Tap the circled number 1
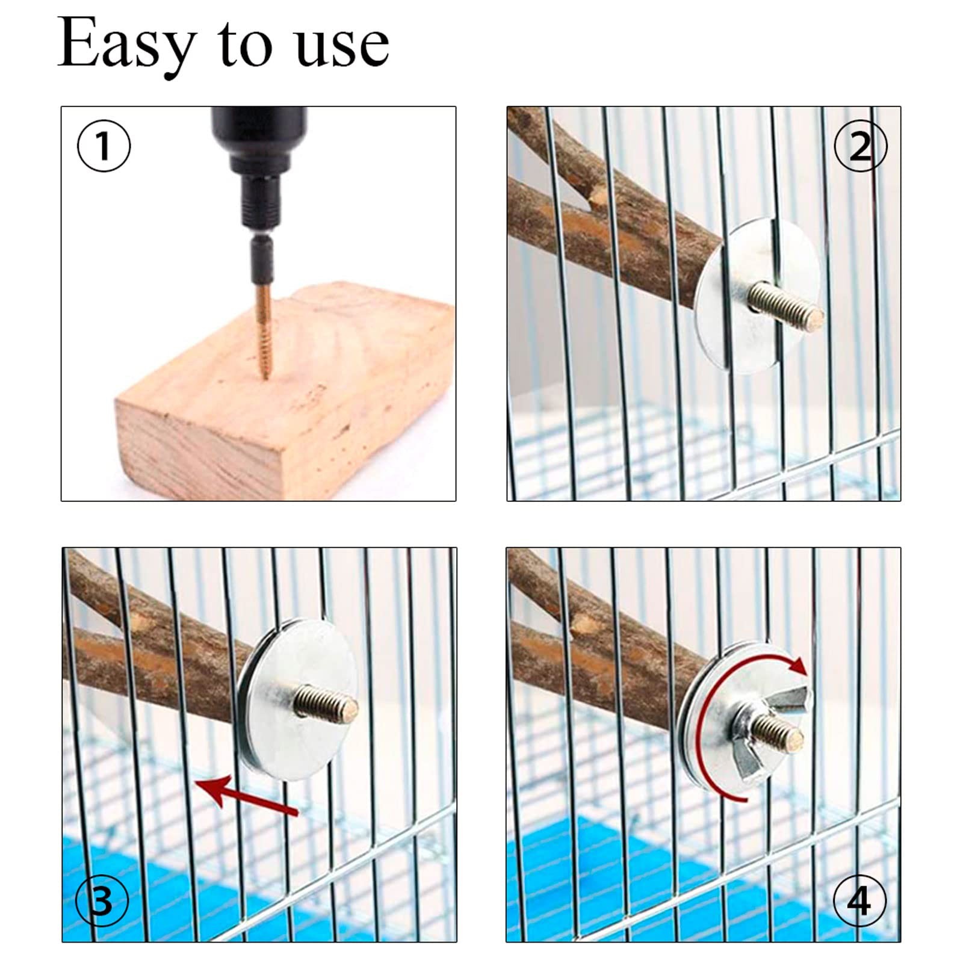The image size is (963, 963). (104, 146)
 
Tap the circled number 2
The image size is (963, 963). (860, 146)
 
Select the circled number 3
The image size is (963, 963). (102, 901)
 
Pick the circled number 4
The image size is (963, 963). (859, 901)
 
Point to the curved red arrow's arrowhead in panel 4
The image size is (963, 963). (799, 666)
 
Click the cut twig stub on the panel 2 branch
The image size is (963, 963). (596, 196)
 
